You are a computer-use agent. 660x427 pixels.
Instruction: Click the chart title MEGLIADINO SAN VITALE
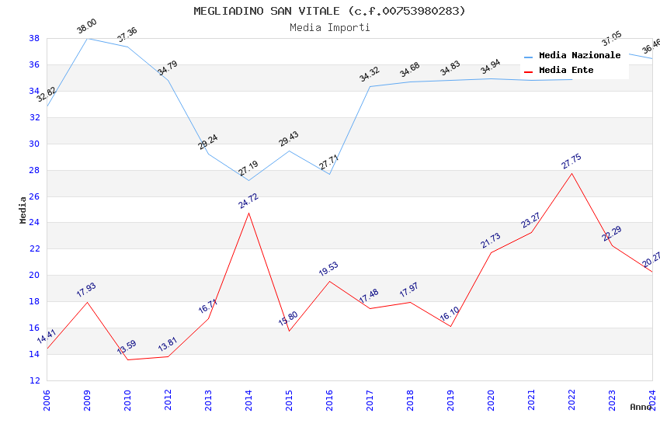point(329,11)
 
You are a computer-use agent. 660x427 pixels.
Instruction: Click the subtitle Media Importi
point(329,27)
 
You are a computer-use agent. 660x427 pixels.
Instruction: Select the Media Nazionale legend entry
point(579,56)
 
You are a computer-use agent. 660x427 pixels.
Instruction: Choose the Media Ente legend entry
point(566,71)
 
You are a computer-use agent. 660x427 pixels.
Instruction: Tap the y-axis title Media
point(23,210)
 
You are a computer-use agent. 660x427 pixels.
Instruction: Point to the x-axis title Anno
point(641,407)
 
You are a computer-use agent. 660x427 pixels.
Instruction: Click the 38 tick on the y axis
point(34,38)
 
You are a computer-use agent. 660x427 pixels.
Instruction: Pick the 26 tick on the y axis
point(34,196)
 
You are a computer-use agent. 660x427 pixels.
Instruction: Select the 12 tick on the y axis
point(34,380)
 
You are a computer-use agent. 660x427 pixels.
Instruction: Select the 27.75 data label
point(571,161)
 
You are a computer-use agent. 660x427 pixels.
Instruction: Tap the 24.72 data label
point(248,201)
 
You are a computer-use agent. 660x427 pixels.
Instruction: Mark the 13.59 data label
point(127,347)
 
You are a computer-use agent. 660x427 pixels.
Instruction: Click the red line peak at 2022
point(571,173)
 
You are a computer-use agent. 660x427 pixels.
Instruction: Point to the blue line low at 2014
point(248,181)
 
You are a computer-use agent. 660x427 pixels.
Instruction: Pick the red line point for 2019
point(450,326)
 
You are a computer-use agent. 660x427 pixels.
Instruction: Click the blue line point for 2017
point(370,86)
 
